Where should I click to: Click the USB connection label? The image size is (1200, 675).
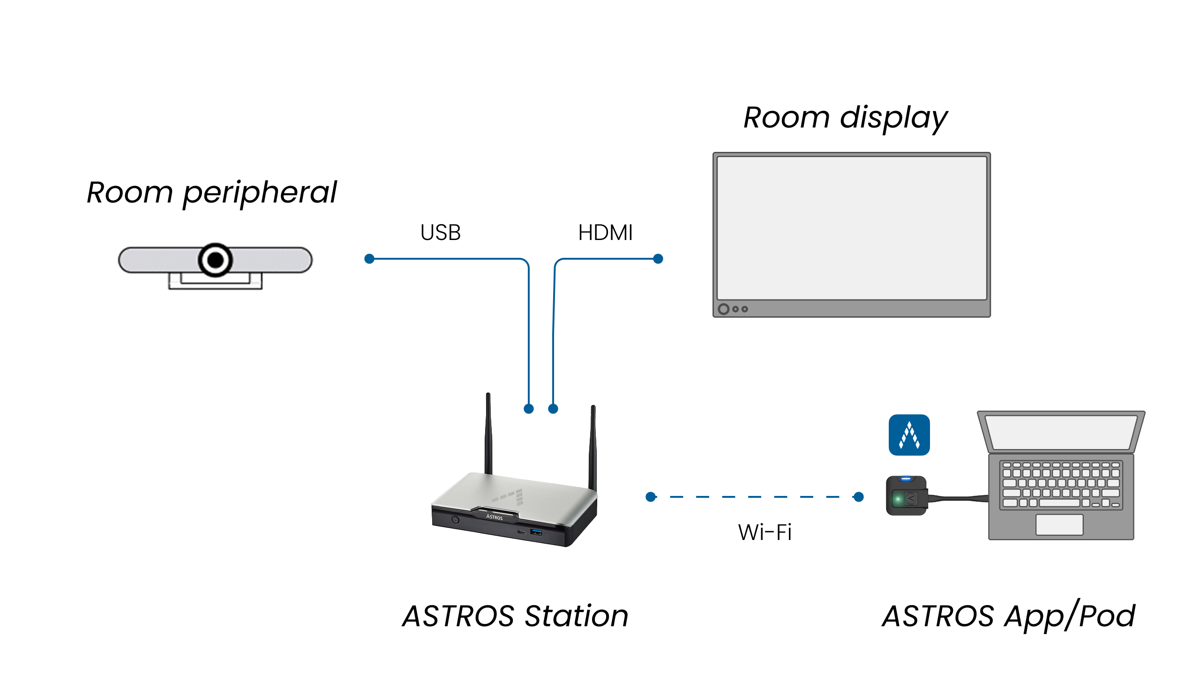click(441, 232)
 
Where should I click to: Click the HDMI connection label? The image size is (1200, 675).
click(605, 232)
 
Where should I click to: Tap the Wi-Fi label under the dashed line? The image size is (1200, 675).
click(765, 532)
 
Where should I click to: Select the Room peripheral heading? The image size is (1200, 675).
click(212, 193)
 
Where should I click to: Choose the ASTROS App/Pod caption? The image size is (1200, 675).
click(1009, 615)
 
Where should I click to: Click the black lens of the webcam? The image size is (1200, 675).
click(215, 259)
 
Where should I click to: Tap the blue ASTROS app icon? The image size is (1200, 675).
click(909, 435)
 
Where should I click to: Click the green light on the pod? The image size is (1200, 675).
click(898, 499)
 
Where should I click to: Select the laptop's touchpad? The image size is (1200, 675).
click(1059, 525)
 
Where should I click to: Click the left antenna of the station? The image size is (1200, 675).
click(488, 434)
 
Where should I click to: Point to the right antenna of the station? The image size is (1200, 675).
click(593, 448)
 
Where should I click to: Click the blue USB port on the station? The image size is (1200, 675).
click(536, 532)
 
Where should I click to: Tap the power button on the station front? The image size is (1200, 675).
click(455, 520)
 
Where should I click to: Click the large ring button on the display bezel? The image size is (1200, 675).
click(724, 309)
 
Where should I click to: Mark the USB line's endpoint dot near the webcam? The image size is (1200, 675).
click(369, 259)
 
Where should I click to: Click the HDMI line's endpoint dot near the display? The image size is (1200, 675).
click(658, 259)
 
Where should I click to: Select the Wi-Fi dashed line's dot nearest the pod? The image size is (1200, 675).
click(859, 497)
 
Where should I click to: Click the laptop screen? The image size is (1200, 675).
click(1061, 432)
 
